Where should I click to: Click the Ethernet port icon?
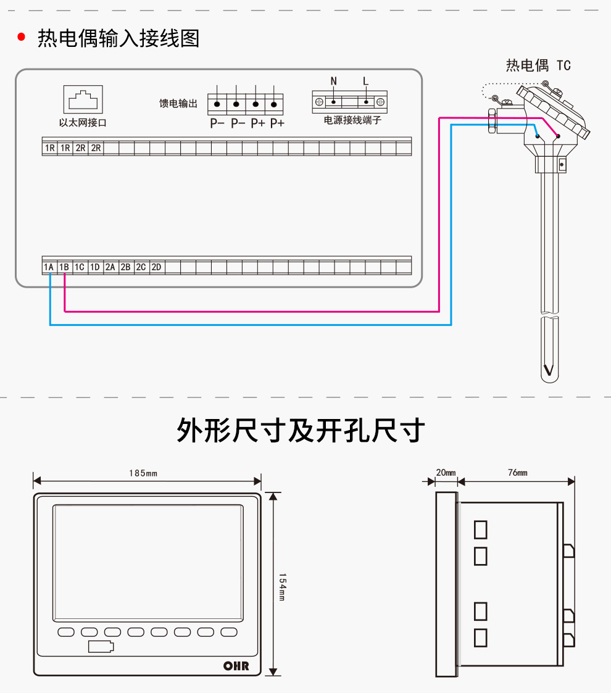82,99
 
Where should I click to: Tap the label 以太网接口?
83,123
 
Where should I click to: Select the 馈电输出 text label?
178,104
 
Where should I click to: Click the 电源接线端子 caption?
352,120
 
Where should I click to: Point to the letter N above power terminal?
334,81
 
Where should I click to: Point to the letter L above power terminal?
366,81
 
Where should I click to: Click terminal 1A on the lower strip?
49,267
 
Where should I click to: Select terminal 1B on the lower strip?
64,267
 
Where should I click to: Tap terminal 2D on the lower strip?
157,267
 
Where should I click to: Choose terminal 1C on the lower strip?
80,267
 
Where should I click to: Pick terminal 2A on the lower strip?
110,267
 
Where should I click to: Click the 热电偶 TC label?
538,65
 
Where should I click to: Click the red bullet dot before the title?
22,38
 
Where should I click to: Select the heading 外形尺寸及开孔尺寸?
301,430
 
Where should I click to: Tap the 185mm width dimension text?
143,473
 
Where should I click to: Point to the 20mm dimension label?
446,473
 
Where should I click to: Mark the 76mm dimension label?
517,473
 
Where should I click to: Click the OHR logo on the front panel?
236,666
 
